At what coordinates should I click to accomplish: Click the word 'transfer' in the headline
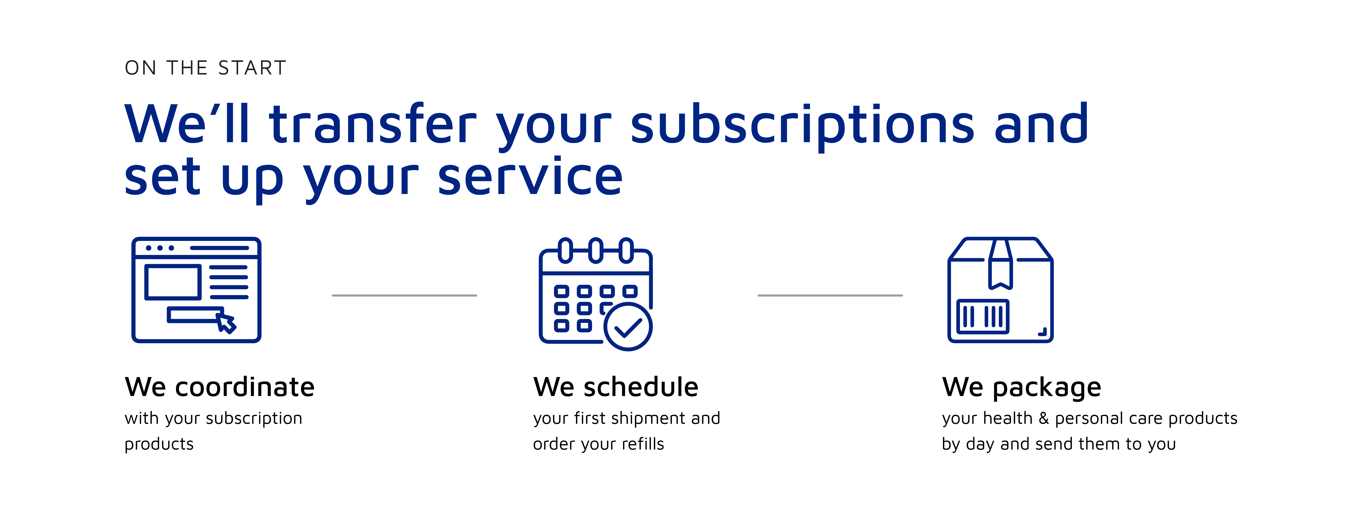pos(373,123)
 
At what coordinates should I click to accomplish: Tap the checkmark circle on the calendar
pos(628,327)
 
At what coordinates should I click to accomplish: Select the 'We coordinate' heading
pos(220,387)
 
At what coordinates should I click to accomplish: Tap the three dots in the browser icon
pos(160,248)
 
